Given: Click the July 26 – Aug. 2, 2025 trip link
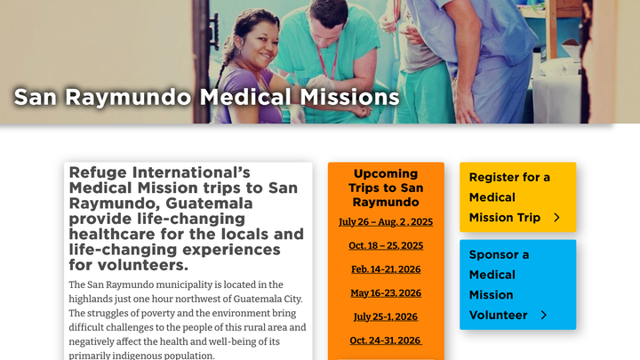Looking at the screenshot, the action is click(x=386, y=221).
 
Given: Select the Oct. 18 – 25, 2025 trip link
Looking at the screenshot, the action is click(x=386, y=245).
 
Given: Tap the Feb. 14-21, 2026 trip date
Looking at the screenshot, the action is click(x=386, y=269).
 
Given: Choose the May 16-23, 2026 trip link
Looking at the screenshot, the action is click(x=386, y=293).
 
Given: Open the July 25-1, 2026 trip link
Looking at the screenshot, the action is click(x=386, y=316).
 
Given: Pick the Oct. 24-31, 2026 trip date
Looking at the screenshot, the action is click(x=386, y=340).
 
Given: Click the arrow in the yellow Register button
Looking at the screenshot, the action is click(x=556, y=218).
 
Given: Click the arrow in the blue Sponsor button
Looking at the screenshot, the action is click(x=544, y=315).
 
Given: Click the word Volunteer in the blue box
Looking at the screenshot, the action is click(x=499, y=315).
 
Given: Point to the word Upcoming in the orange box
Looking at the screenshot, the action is click(x=386, y=174).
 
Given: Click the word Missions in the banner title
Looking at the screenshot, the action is click(x=350, y=97).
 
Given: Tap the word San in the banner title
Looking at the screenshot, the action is click(x=35, y=97).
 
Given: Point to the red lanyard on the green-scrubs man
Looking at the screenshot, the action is click(x=327, y=61).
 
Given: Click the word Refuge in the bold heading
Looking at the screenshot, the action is click(x=98, y=173).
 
